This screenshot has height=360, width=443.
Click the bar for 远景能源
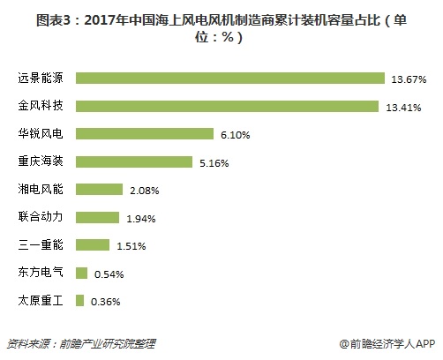click(230, 78)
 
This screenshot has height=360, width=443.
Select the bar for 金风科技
click(228, 106)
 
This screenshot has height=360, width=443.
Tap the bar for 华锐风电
click(145, 134)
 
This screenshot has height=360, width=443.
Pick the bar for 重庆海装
click(134, 161)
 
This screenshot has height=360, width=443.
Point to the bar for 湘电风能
click(100, 190)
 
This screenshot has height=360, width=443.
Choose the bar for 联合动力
click(98, 217)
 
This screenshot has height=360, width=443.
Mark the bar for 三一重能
click(94, 245)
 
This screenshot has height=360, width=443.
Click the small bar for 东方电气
click(82, 273)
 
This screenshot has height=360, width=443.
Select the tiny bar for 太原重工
click(80, 301)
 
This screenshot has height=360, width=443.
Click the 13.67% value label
click(409, 79)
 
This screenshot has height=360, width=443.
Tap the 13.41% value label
click(405, 107)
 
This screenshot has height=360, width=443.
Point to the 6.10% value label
click(234, 135)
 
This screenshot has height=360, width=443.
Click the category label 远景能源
click(37, 79)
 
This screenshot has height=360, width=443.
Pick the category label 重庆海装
click(37, 162)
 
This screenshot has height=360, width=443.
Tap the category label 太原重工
click(37, 301)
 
